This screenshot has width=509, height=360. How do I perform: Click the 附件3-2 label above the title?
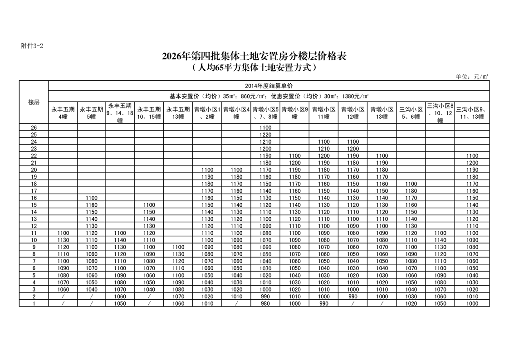click(x=32, y=46)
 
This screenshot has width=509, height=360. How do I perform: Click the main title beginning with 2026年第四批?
click(x=254, y=56)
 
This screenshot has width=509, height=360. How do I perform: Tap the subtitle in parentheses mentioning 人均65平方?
click(x=254, y=68)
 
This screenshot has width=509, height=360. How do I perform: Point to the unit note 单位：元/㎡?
click(x=472, y=77)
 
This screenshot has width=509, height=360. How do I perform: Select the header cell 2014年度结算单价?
click(x=269, y=85)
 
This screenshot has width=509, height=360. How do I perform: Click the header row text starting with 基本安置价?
click(x=269, y=96)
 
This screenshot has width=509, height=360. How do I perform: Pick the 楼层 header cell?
click(x=34, y=102)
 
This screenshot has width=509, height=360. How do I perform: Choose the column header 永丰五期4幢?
click(x=63, y=113)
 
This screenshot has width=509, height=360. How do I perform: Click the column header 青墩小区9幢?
click(x=294, y=113)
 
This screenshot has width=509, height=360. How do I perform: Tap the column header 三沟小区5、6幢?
click(x=411, y=113)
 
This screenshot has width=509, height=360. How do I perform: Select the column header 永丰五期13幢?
click(x=178, y=113)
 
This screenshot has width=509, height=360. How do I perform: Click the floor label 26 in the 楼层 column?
click(x=34, y=127)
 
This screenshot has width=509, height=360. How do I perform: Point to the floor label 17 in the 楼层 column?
click(x=34, y=191)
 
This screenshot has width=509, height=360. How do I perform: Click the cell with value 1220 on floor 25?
click(x=265, y=135)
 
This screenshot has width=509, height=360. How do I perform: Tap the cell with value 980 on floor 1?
click(x=265, y=303)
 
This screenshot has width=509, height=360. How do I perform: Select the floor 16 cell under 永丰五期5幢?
click(x=91, y=198)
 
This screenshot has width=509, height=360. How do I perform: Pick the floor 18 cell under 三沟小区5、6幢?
click(x=411, y=184)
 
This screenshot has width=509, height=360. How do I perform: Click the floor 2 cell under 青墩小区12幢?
click(x=352, y=296)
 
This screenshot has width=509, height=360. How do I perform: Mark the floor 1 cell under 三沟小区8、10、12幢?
click(x=440, y=303)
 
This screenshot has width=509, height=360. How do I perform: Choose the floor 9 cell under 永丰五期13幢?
click(x=178, y=247)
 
